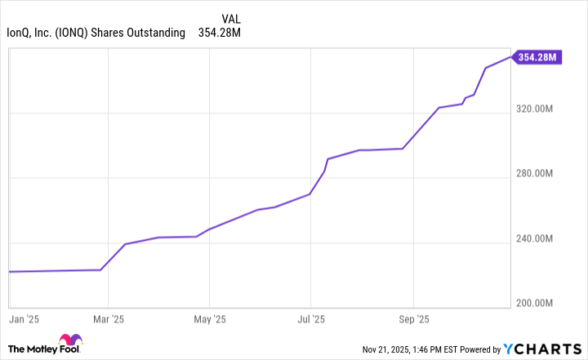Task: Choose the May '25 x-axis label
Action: [x=210, y=318]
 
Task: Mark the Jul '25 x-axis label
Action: [x=311, y=318]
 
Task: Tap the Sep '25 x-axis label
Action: [x=414, y=318]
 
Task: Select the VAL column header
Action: [x=231, y=18]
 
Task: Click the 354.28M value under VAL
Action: [x=220, y=33]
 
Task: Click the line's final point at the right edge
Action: [x=511, y=57]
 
